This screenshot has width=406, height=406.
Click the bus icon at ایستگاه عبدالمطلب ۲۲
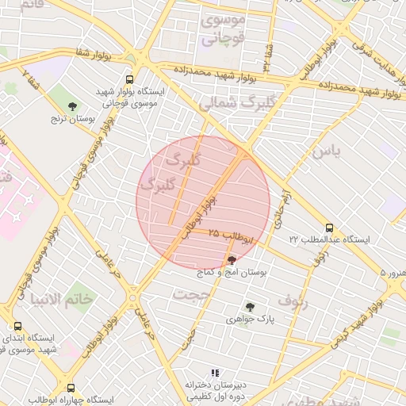tap(328, 226)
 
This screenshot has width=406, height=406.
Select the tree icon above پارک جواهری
tap(251, 307)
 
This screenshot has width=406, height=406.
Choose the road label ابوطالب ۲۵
tap(231, 236)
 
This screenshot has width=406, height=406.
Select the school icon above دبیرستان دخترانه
tap(214, 372)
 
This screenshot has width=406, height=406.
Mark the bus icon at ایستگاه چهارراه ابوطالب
tap(72, 389)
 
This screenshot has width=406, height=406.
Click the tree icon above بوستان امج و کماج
tap(232, 259)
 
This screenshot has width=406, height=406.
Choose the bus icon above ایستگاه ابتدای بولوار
tap(17, 326)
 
